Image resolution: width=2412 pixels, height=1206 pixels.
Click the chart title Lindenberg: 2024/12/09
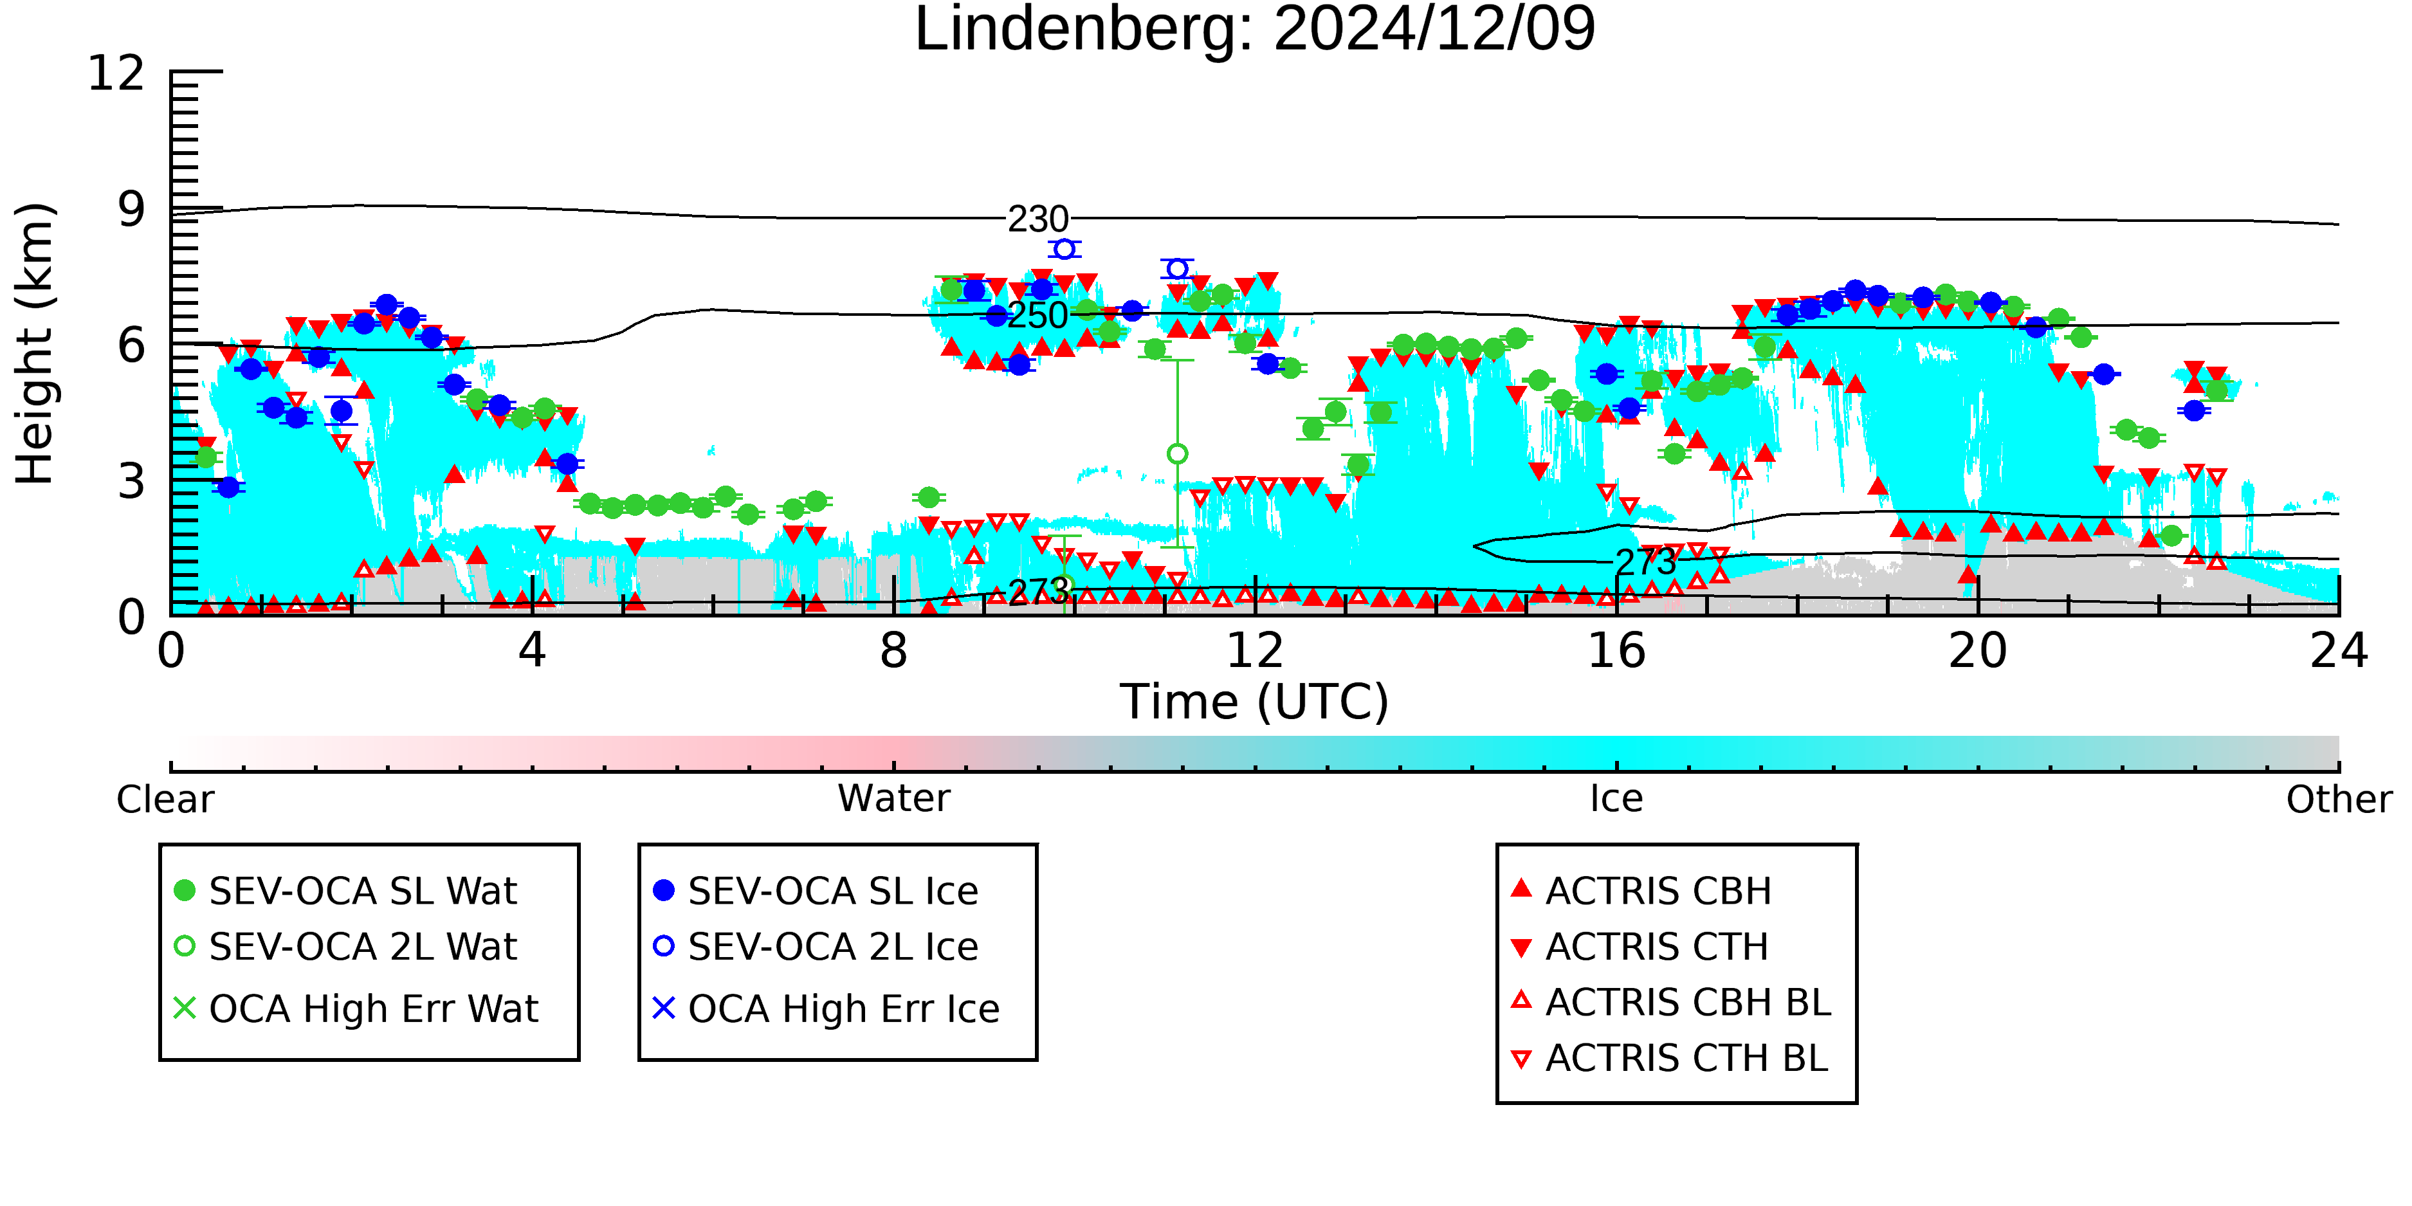[x=1255, y=30]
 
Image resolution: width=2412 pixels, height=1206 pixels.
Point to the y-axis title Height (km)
[x=35, y=345]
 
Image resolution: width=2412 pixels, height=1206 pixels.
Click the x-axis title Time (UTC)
[x=1255, y=702]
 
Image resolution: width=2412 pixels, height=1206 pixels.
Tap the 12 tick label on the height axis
[x=116, y=73]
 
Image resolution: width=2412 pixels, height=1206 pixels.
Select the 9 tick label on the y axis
[x=132, y=210]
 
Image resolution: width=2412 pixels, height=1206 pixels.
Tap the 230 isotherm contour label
[x=1037, y=220]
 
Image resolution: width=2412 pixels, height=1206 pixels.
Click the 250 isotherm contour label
[x=1037, y=316]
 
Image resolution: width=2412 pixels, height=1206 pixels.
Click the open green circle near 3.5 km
[x=1178, y=454]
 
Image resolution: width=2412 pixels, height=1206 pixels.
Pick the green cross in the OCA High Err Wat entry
[x=185, y=1009]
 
